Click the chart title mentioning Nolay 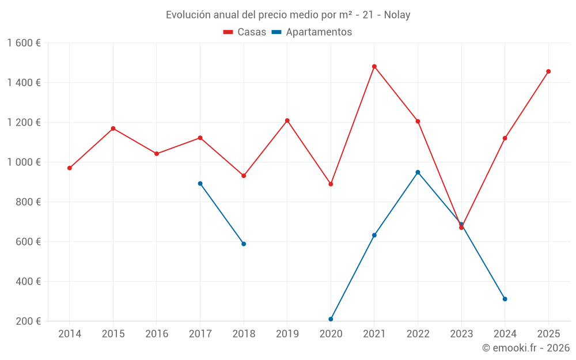pos(288,15)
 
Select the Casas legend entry pos(245,32)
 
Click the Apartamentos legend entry pos(312,32)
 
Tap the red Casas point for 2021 pos(374,66)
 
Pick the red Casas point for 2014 pos(70,168)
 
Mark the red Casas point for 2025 pos(548,71)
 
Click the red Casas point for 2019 pos(287,120)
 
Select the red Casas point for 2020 pos(331,184)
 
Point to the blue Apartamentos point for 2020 pos(331,319)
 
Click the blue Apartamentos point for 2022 pos(418,172)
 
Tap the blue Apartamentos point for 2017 pos(200,184)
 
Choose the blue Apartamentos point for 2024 pos(505,299)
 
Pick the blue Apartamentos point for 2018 pos(244,244)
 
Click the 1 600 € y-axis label pos(24,43)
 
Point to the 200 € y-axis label pos(28,321)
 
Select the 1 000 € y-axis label pos(24,162)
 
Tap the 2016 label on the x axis pos(157,334)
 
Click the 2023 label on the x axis pos(461,334)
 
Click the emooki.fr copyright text pos(525,348)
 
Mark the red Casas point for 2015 pos(113,128)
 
